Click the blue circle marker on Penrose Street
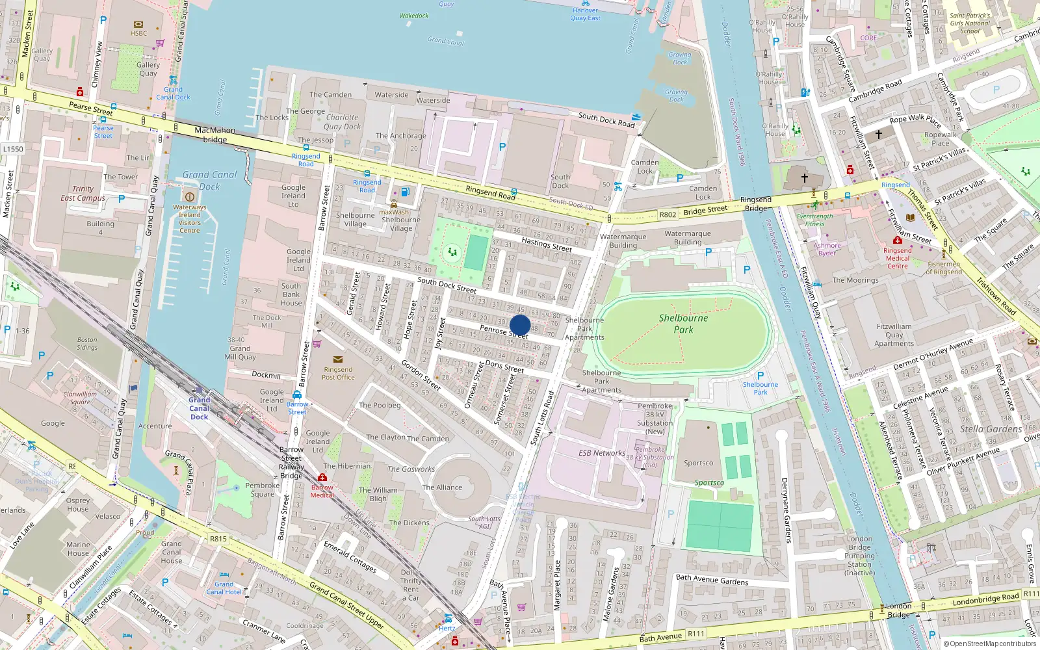[520, 325]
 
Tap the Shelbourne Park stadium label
[683, 324]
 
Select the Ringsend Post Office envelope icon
[337, 359]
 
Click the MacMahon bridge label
[215, 135]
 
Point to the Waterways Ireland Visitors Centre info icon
[190, 196]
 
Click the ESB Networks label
[602, 453]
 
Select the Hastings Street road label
[546, 244]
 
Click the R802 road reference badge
[668, 214]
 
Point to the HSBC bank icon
[138, 25]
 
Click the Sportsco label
[699, 463]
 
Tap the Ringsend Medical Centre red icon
[897, 240]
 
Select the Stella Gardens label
[991, 429]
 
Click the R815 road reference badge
[218, 539]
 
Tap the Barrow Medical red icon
[322, 478]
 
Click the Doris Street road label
[504, 367]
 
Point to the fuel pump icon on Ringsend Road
[406, 192]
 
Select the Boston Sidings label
[87, 343]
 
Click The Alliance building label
[442, 487]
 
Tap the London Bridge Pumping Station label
[859, 556]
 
